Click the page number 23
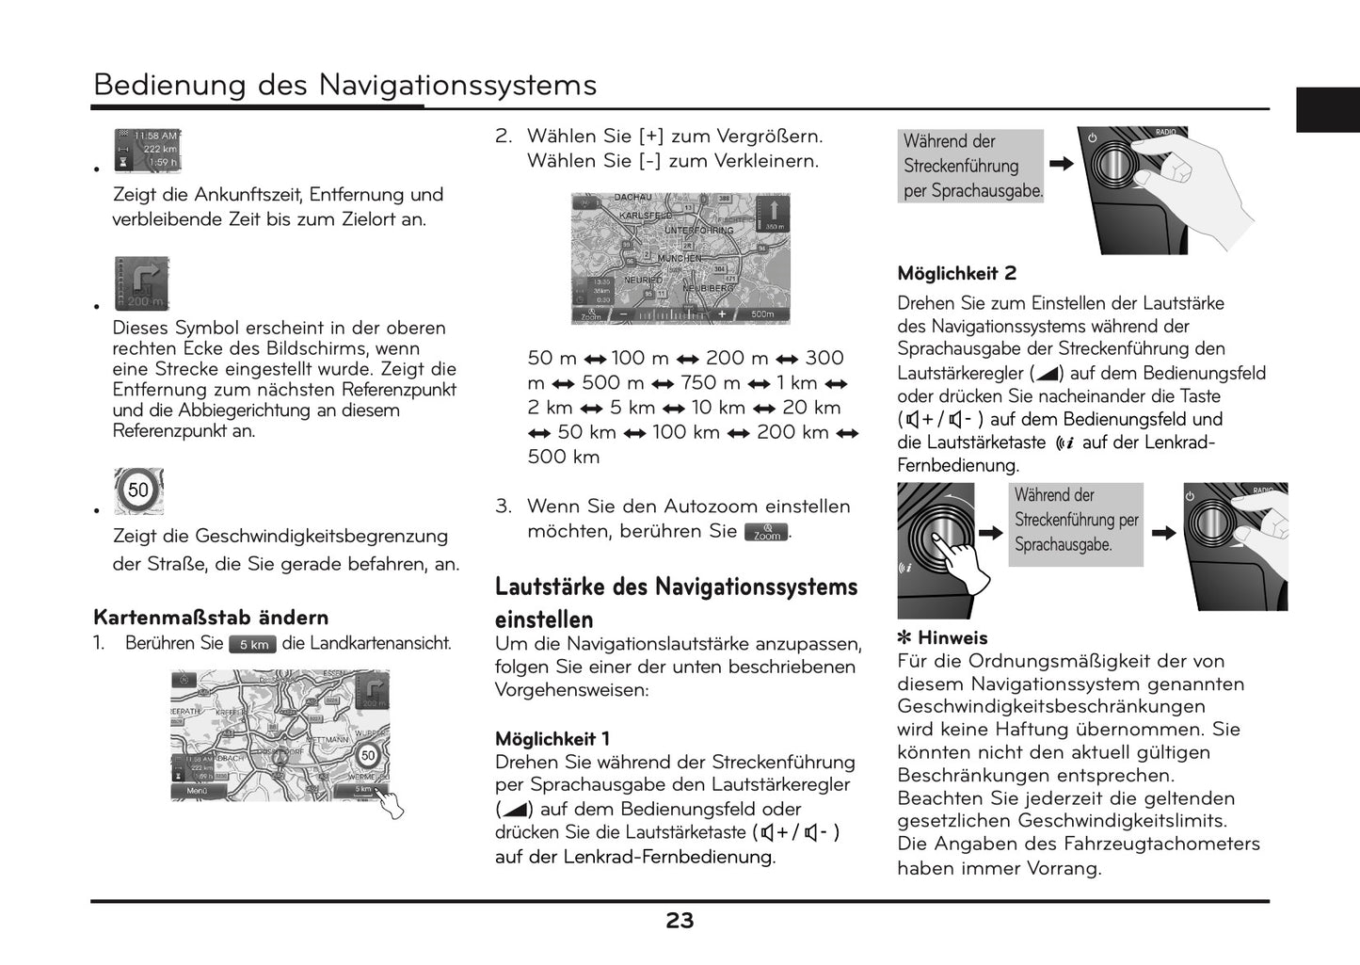point(680,921)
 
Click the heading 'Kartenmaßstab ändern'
point(211,618)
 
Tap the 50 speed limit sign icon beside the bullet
point(138,491)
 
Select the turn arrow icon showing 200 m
point(142,282)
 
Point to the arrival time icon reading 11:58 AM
point(147,151)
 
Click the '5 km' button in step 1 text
point(253,645)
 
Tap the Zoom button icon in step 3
point(766,533)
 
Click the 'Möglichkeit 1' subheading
point(552,739)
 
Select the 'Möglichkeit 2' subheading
point(956,274)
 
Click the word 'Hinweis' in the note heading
point(952,638)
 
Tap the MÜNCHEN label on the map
point(680,258)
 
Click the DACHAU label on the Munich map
point(632,198)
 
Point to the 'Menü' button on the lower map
point(198,791)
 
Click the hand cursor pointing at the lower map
point(389,803)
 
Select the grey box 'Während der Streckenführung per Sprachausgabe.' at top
point(970,166)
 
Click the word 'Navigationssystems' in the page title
point(457,85)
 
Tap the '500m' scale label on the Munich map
point(761,314)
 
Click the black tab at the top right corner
point(1327,109)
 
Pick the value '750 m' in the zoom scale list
point(712,383)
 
